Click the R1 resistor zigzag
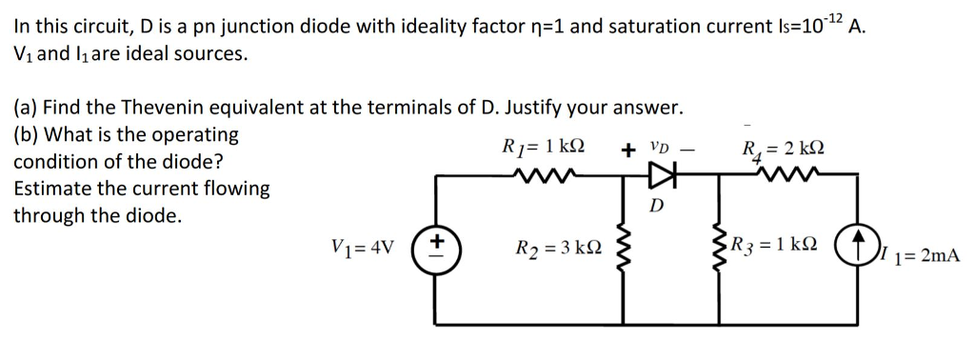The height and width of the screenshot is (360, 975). (540, 175)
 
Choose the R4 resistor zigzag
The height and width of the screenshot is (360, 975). (783, 175)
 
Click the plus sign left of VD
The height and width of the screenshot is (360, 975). (628, 150)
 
